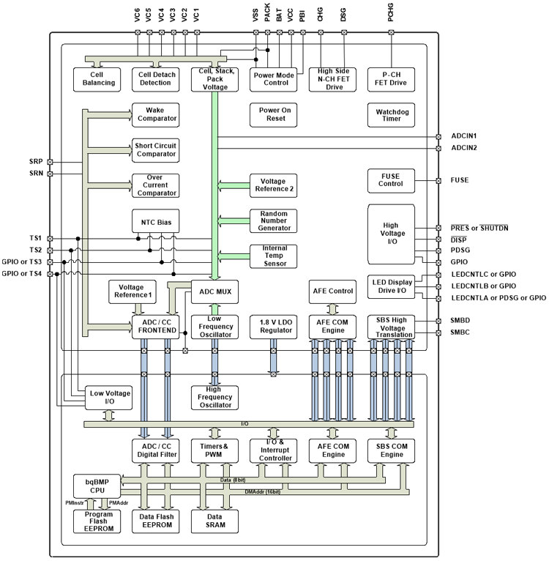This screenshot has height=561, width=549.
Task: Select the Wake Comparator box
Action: pyautogui.click(x=154, y=114)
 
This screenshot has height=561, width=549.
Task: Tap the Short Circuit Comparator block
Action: pyautogui.click(x=154, y=149)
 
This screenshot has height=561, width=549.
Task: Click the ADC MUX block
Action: pyautogui.click(x=215, y=291)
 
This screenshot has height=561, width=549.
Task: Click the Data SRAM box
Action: pyautogui.click(x=215, y=521)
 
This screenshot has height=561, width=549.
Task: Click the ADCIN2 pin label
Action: pyautogui.click(x=464, y=149)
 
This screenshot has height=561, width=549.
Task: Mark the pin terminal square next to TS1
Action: pyautogui.click(x=50, y=238)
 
